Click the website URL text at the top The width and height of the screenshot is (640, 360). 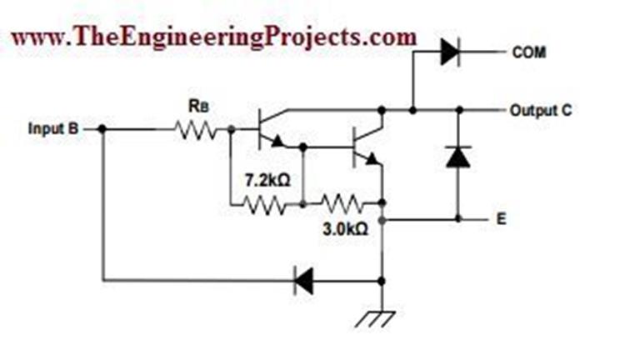213,37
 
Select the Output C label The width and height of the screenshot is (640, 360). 541,110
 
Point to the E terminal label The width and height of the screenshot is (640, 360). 501,222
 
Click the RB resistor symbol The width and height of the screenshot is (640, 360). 195,129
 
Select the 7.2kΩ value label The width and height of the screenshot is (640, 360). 267,179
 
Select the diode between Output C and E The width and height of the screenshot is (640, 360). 457,157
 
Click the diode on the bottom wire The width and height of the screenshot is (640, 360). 303,281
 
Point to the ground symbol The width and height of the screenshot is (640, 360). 382,315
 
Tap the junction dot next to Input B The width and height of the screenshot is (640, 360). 102,129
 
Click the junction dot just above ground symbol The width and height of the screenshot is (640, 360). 382,281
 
